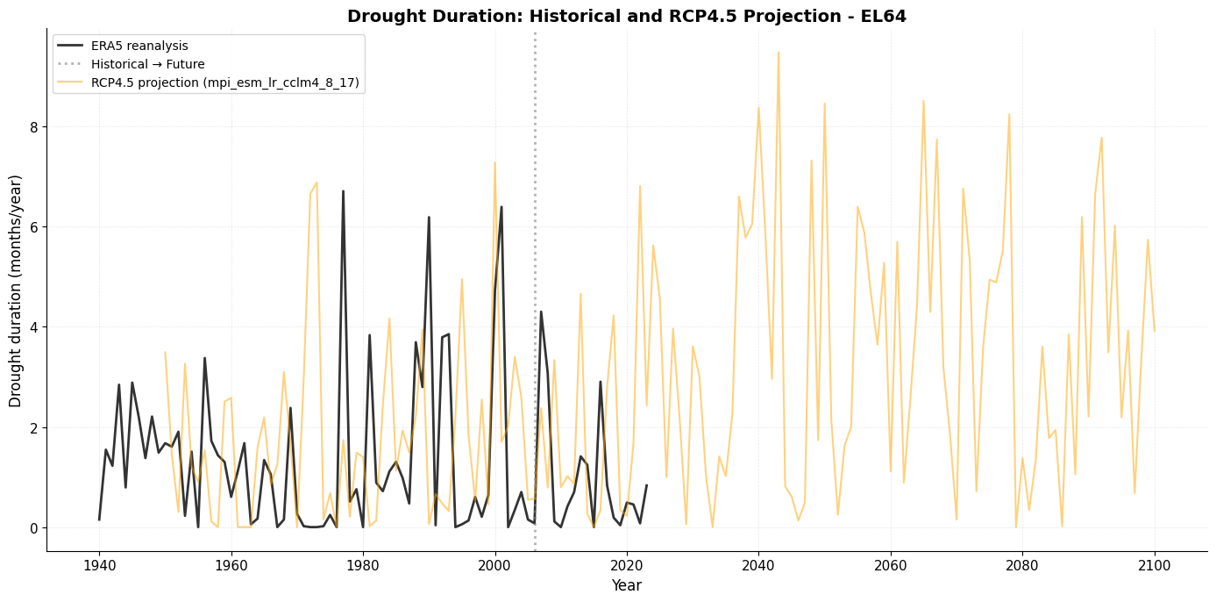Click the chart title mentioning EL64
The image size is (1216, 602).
626,16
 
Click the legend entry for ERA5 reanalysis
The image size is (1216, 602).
139,47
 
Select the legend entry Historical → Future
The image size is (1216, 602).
147,64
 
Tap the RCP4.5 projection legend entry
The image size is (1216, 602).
225,83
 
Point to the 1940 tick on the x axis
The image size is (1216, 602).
99,563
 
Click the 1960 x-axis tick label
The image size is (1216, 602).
231,563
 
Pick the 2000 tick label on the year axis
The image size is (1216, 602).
495,563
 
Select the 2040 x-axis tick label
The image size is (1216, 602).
758,563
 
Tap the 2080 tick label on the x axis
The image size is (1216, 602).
1022,563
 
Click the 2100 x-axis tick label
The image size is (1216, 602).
1154,563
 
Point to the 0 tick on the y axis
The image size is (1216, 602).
34,528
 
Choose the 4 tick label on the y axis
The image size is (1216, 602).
34,327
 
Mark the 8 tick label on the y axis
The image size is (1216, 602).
34,127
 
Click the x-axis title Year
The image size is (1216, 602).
626,585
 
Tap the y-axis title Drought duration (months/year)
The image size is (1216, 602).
16,290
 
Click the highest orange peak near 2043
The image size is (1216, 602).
778,52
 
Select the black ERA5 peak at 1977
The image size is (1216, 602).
343,191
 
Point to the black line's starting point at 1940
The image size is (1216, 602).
99,520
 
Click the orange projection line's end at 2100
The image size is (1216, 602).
1154,331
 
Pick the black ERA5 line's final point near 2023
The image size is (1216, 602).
646,485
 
